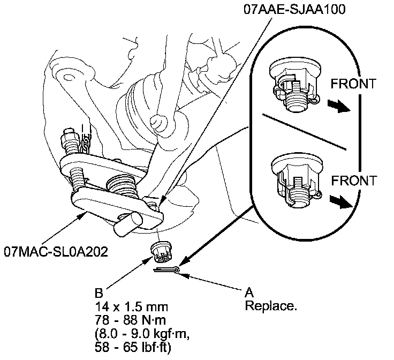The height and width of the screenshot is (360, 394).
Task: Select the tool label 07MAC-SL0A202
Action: click(x=56, y=251)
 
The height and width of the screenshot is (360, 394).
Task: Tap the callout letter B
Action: click(x=98, y=294)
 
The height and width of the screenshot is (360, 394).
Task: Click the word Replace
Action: click(x=270, y=306)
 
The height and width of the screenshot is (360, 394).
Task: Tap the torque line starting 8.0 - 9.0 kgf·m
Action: click(x=141, y=333)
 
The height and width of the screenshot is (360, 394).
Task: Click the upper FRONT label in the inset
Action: click(x=353, y=84)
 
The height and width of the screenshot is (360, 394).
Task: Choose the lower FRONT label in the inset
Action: click(x=353, y=180)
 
